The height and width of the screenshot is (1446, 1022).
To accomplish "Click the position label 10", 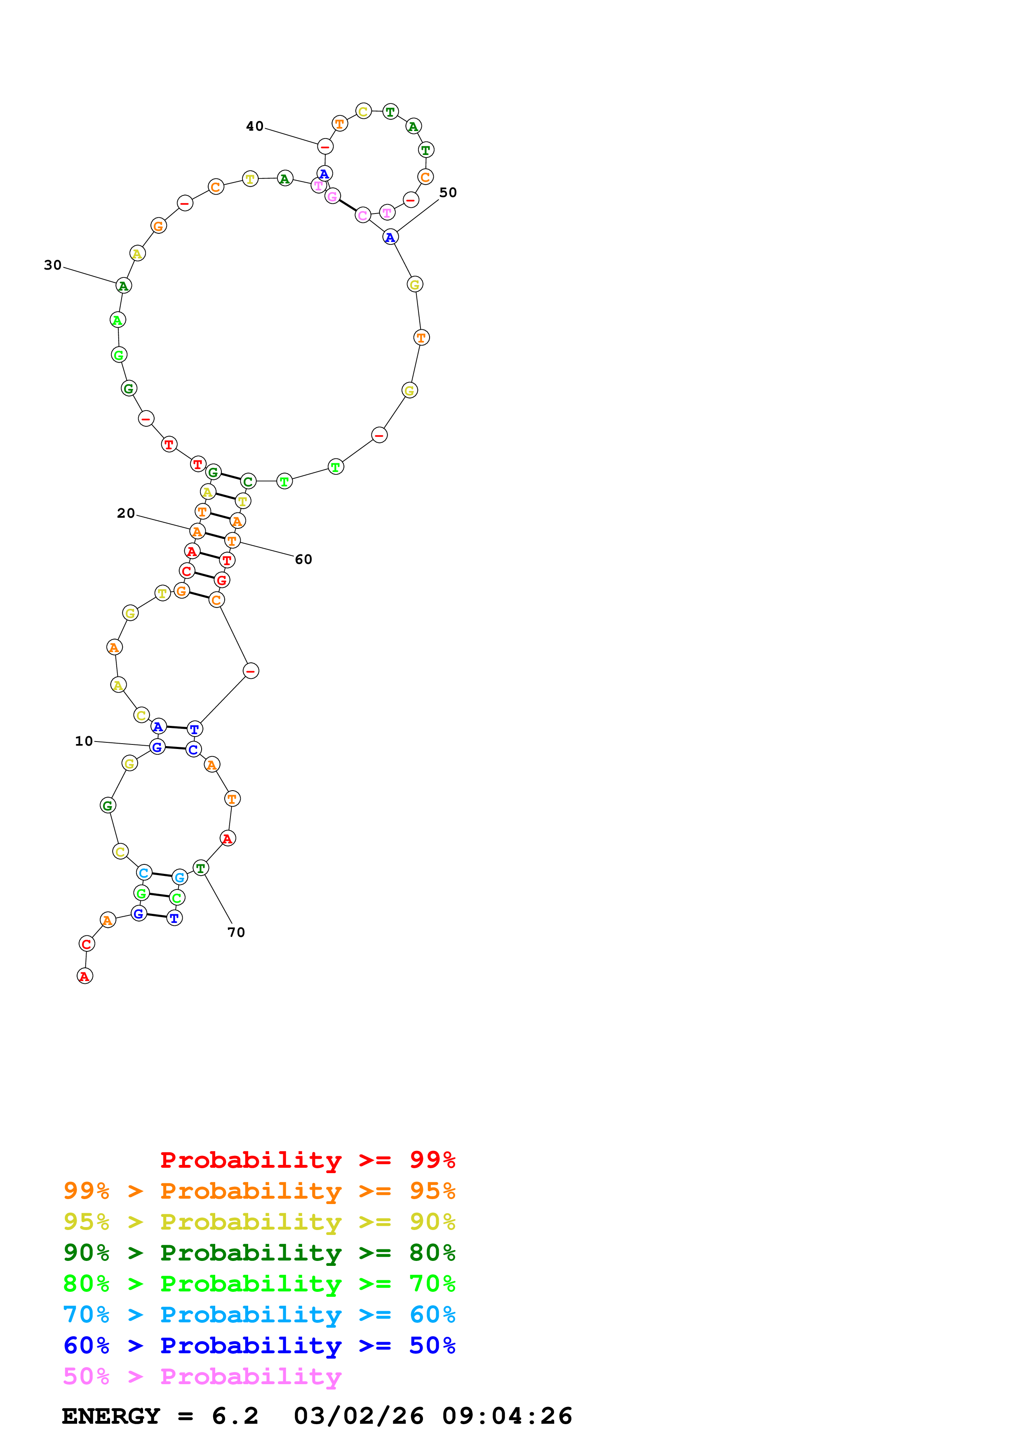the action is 84,741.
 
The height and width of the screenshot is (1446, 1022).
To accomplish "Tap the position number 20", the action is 126,513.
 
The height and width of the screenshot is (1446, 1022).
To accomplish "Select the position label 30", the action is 53,265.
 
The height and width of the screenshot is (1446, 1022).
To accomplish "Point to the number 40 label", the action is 254,127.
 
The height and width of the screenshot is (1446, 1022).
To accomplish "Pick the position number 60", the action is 303,559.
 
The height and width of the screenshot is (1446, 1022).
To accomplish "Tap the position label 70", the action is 236,932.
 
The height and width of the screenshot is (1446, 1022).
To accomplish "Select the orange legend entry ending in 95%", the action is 259,1191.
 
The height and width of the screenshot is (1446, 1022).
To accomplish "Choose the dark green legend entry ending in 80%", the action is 259,1253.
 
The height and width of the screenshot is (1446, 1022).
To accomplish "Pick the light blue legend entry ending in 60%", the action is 259,1315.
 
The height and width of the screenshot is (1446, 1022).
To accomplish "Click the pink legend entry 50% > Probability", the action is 202,1376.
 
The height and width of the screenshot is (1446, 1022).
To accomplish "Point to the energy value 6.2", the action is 235,1416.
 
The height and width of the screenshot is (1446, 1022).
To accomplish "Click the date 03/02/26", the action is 358,1416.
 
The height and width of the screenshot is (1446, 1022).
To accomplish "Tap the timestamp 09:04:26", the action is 507,1416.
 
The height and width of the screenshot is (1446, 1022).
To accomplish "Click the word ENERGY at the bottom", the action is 111,1416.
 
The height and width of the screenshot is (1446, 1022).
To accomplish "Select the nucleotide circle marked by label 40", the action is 325,147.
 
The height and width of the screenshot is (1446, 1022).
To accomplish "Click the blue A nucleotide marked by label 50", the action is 390,237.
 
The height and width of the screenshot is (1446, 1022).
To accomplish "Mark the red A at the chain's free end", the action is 85,976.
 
